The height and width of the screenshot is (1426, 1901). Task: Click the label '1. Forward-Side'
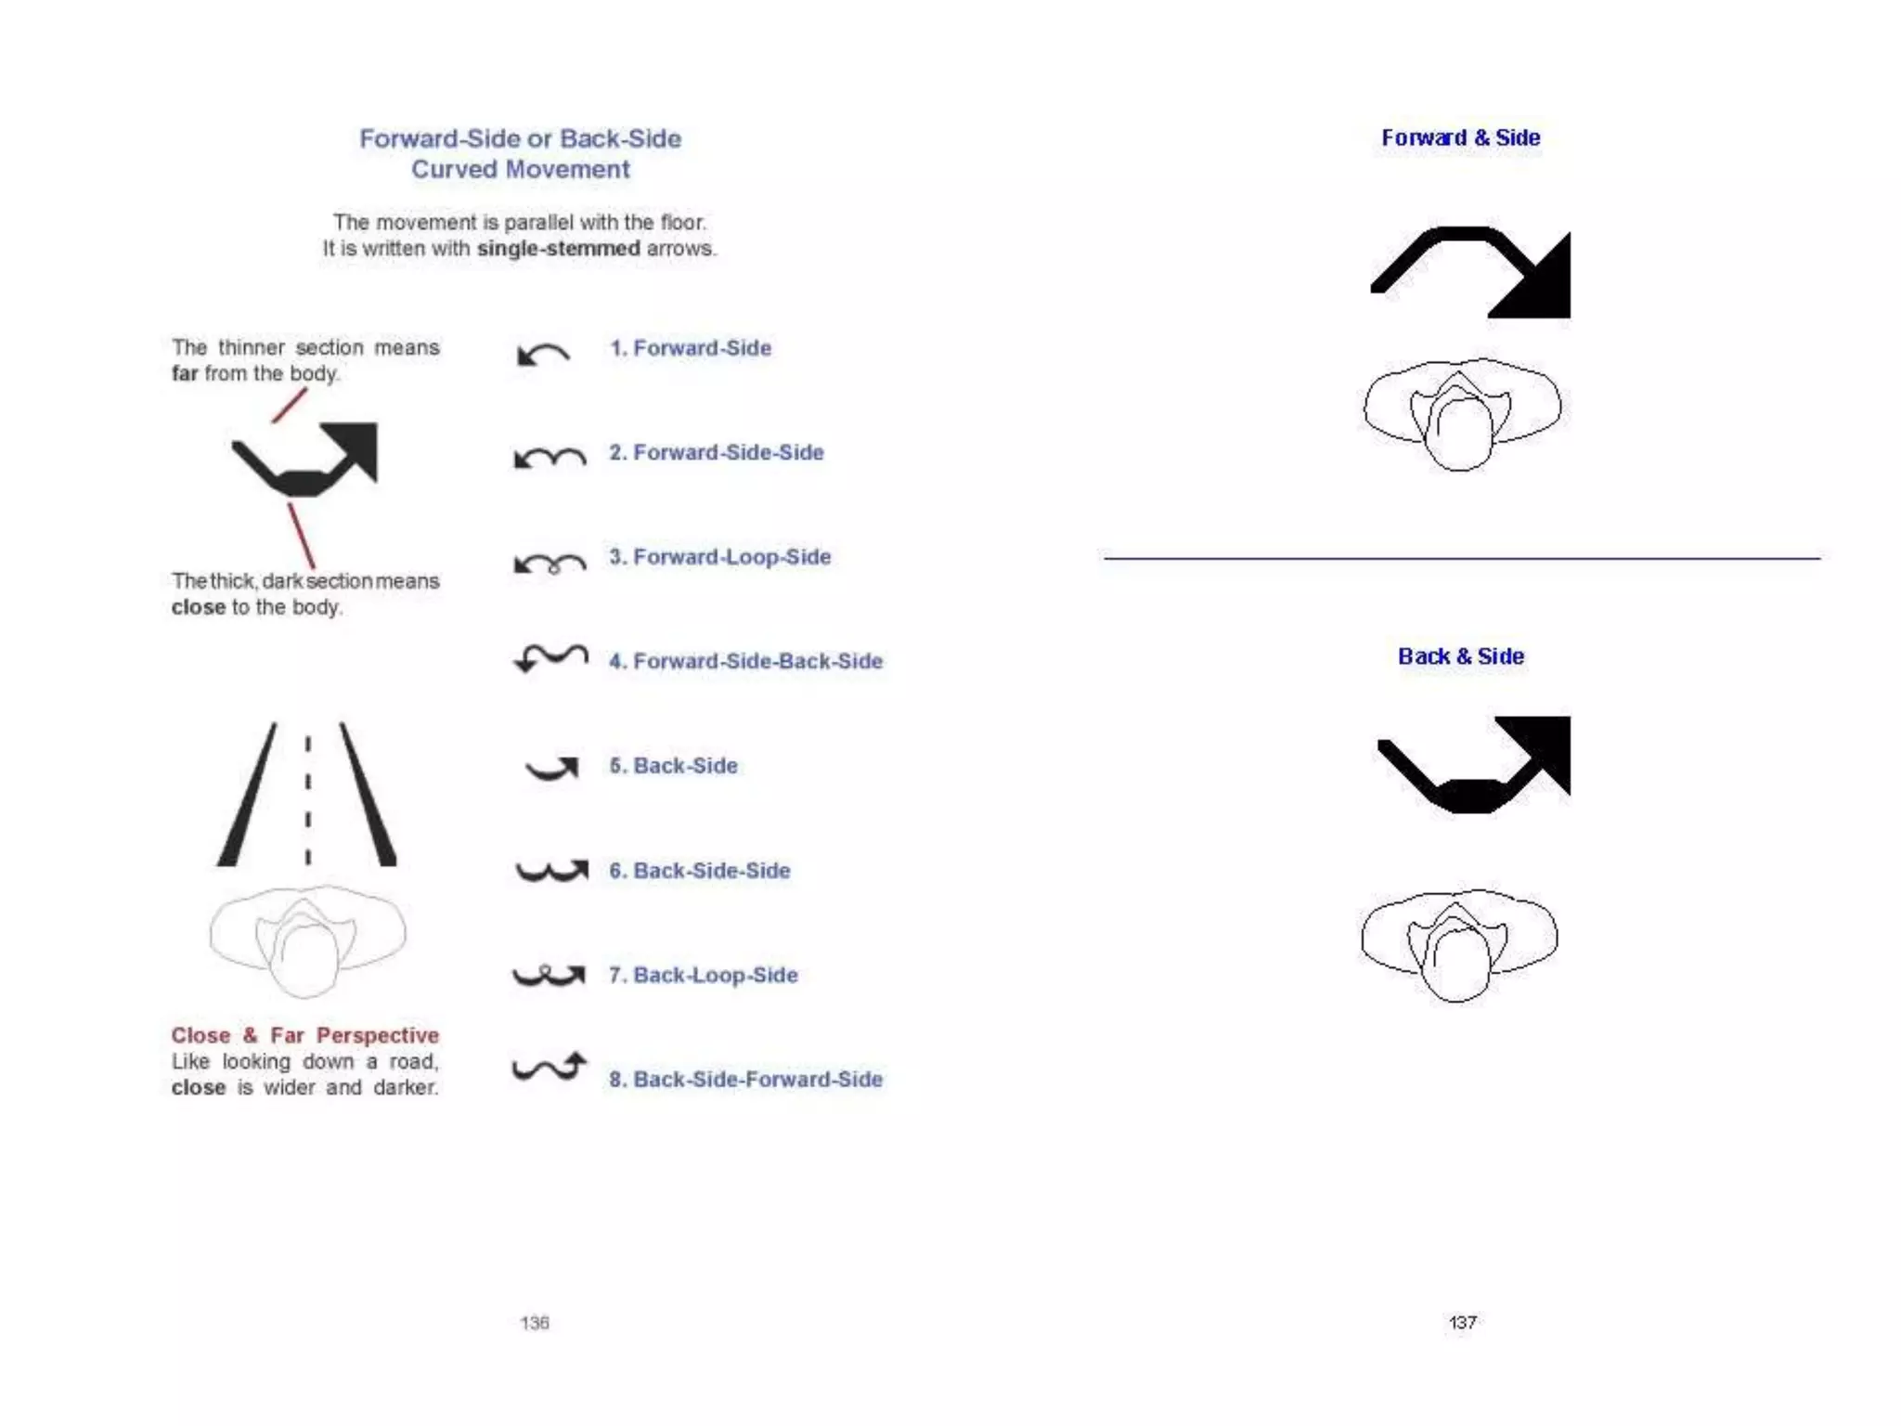click(x=690, y=348)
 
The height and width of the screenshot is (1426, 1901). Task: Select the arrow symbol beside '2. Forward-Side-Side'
click(x=550, y=457)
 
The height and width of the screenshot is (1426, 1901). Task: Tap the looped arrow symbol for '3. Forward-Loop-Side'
click(x=550, y=563)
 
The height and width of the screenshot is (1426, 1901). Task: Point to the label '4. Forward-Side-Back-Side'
click(x=745, y=661)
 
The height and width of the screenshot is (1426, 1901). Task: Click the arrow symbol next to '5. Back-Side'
click(x=553, y=768)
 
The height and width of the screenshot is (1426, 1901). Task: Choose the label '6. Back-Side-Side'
click(x=699, y=871)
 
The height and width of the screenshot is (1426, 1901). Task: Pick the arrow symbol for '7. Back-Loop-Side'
click(x=549, y=975)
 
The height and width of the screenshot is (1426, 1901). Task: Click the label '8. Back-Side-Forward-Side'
click(x=745, y=1080)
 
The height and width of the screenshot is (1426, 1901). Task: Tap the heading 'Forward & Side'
click(x=1460, y=138)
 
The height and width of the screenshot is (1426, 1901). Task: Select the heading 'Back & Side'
click(x=1460, y=656)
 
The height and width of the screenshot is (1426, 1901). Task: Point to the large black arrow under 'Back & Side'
click(x=1476, y=763)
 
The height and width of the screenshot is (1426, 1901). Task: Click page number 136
click(x=535, y=1323)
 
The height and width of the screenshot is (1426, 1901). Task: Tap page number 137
click(x=1463, y=1323)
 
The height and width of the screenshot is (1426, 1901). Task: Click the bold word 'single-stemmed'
click(x=558, y=249)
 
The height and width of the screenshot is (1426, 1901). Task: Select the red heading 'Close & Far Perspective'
click(x=304, y=1035)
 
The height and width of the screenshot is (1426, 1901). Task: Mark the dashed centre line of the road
click(x=308, y=798)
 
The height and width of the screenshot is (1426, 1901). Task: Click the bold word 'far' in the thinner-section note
click(x=185, y=374)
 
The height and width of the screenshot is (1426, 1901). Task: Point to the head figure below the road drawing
click(x=307, y=940)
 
